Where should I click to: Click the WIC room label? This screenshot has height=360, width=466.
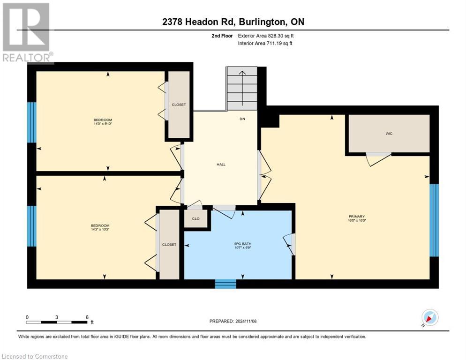389,134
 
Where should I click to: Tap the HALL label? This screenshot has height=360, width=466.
221,165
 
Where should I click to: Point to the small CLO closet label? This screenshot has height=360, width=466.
195,219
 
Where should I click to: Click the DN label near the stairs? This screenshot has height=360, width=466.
242,119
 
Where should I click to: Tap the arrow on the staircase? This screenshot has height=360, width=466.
242,80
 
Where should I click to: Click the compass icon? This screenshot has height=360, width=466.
429,317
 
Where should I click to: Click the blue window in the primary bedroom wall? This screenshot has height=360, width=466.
435,220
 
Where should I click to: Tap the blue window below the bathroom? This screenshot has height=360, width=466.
225,284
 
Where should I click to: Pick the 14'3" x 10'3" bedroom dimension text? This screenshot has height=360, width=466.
100,229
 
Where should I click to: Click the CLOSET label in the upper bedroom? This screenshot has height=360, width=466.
179,105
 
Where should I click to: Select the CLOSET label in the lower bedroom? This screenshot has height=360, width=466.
169,245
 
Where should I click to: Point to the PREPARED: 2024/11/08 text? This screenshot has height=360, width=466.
233,321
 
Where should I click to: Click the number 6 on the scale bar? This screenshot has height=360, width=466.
87,317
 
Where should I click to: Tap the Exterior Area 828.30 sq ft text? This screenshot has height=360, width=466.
266,36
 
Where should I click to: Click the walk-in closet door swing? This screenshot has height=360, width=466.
378,159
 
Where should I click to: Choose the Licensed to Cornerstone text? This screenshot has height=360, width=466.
35,357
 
